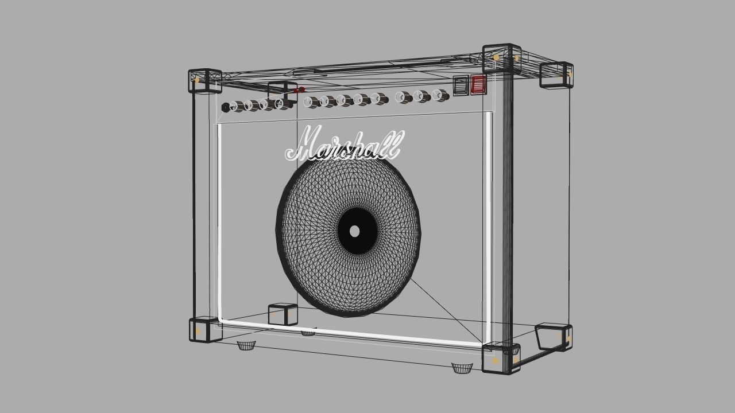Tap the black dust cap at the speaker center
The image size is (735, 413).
click(x=356, y=231)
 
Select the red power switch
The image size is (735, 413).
click(x=478, y=85)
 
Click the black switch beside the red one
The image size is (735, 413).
click(x=461, y=85)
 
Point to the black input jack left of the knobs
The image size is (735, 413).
click(x=225, y=108)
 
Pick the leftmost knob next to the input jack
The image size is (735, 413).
click(x=236, y=107)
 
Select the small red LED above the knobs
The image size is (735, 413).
click(x=299, y=90)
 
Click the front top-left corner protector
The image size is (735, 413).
click(x=204, y=81)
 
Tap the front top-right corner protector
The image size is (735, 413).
click(x=501, y=59)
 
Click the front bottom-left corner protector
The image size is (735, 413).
click(x=204, y=330)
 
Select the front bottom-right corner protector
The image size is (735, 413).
click(x=501, y=359)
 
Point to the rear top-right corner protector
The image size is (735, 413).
click(x=556, y=75)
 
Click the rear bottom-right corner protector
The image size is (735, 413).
click(x=554, y=337)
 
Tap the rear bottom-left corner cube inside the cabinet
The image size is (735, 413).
click(x=283, y=314)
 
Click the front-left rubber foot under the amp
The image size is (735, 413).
click(x=246, y=345)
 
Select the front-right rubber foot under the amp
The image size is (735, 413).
click(x=462, y=368)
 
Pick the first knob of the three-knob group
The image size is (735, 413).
click(x=404, y=98)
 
